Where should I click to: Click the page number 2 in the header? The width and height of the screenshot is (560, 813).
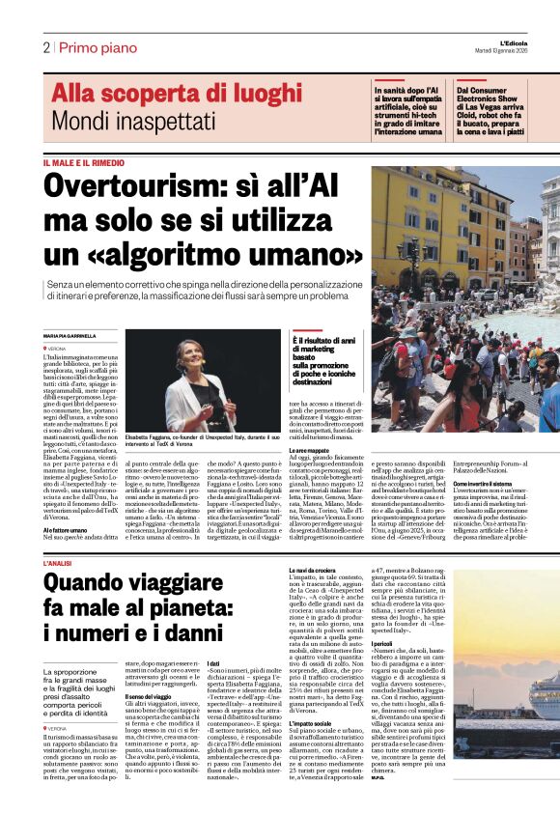tap(45, 47)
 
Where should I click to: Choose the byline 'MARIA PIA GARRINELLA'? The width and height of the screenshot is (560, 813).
tap(71, 335)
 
